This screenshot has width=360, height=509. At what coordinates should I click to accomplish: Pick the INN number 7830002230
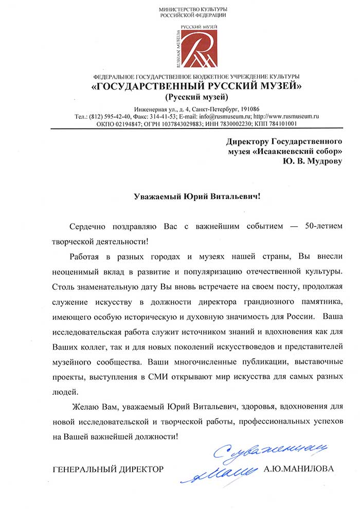238,124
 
